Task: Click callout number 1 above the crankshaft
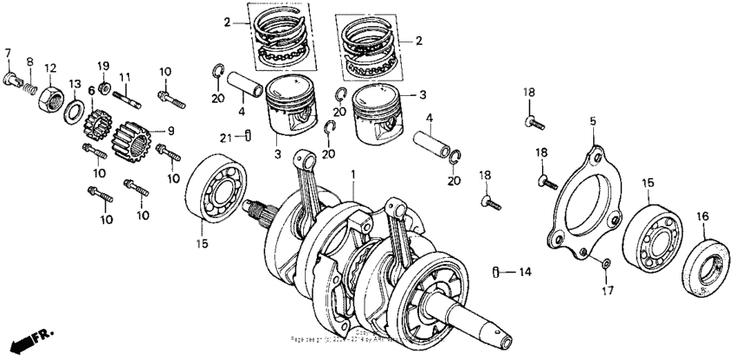coord(352,176)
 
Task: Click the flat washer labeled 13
coord(74,112)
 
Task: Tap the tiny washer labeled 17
coord(604,262)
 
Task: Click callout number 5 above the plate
coord(593,123)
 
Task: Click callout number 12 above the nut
coord(50,67)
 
